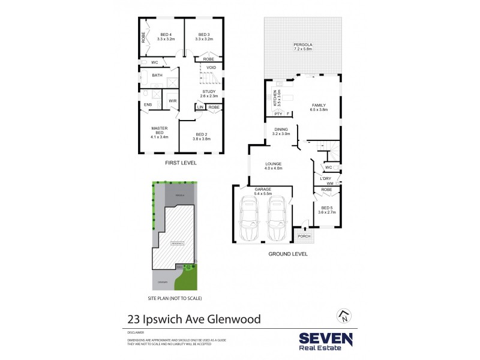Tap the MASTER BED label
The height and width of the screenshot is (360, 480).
(159, 132)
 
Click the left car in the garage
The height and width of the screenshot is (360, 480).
(249, 220)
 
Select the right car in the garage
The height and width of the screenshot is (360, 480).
(277, 220)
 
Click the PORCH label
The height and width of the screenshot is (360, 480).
(305, 236)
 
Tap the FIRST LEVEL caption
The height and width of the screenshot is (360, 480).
(181, 163)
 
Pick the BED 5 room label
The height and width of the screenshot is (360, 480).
(327, 209)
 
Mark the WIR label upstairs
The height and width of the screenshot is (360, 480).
(172, 100)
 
